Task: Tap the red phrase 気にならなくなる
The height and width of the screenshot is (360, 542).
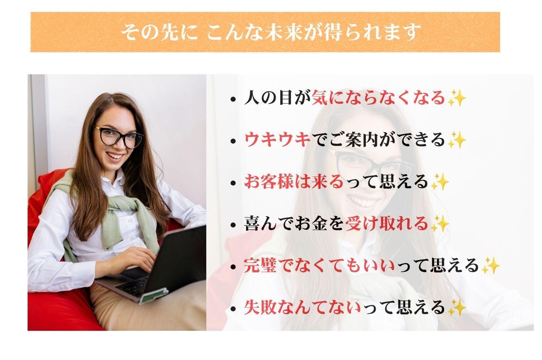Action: [x=378, y=97]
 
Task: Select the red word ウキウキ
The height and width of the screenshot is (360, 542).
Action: [x=277, y=140]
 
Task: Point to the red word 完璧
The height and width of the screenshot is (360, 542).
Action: [x=260, y=265]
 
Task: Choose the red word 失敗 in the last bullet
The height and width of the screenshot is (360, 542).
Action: [x=260, y=307]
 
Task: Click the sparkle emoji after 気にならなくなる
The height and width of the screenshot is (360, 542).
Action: [x=456, y=98]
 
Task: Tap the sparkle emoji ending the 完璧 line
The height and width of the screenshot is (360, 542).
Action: [x=490, y=266]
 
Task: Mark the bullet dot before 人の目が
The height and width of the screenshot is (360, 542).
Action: [x=233, y=100]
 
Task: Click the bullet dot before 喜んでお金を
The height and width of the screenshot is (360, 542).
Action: [x=233, y=225]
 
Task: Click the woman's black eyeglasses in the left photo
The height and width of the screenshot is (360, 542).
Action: [x=119, y=137]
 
